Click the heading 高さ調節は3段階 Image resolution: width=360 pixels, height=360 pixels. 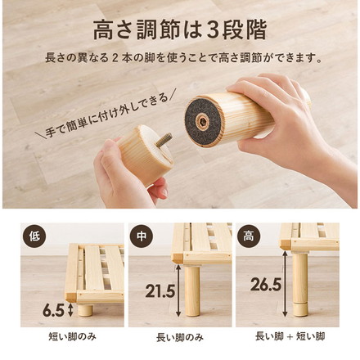pos(180,29)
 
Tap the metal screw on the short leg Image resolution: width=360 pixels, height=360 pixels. pos(164,140)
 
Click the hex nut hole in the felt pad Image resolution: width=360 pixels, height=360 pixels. pos(203,122)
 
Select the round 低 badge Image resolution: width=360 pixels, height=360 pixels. pos(34,236)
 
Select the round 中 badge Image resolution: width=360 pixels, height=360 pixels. pos(142,236)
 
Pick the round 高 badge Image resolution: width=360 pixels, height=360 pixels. pos(249,236)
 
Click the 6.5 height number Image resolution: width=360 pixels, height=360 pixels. pos(53,310)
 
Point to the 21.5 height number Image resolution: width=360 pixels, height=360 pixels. pos(160,290)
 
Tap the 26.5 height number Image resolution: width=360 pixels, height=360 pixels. pos(266,284)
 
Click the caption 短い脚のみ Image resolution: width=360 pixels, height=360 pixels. pos(72,337)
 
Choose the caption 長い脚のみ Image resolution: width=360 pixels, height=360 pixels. pos(180,338)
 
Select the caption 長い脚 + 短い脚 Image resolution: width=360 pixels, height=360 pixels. pos(290,336)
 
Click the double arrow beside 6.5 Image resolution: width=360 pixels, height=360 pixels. pos(70,311)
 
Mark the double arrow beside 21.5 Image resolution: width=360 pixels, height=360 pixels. pos(178,290)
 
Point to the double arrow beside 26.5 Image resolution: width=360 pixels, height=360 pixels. pos(285,284)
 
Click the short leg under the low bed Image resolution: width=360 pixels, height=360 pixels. pos(86,310)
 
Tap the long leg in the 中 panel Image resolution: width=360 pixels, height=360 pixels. pos(192,291)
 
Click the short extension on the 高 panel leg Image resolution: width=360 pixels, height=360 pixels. pos(300,309)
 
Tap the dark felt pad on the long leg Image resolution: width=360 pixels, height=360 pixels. pos(203,122)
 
